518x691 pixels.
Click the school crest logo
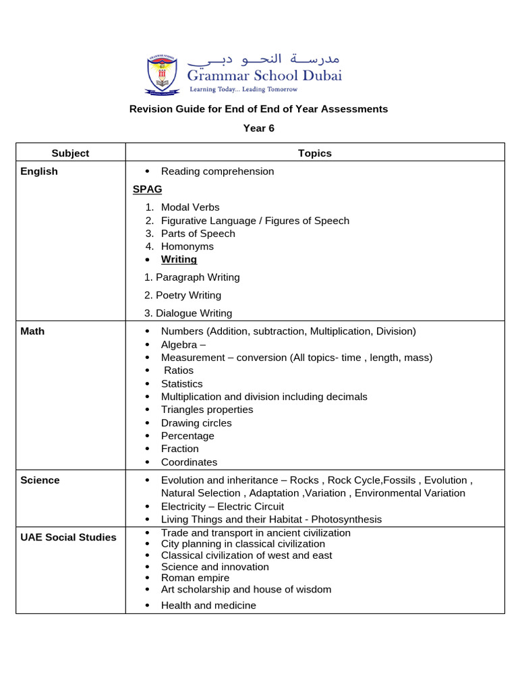(162, 75)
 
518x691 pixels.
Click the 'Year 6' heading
(259, 128)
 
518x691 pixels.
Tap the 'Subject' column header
(70, 153)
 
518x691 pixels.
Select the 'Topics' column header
(315, 153)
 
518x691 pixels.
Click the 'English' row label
(39, 171)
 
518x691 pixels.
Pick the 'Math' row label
(32, 331)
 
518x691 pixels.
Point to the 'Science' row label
(40, 480)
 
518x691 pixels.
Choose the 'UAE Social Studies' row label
(68, 537)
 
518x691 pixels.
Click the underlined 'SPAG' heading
(148, 189)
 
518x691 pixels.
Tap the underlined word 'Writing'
(179, 259)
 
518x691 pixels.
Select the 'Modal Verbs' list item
(190, 207)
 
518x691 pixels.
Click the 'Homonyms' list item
(187, 246)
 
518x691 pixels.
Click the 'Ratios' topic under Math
(178, 370)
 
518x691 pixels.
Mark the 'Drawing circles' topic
(196, 423)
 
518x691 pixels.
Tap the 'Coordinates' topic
(189, 462)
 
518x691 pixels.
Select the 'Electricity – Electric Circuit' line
(222, 507)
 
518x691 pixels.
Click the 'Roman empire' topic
(195, 578)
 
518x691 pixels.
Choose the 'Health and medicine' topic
(208, 605)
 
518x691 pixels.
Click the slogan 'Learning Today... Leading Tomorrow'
(243, 89)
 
